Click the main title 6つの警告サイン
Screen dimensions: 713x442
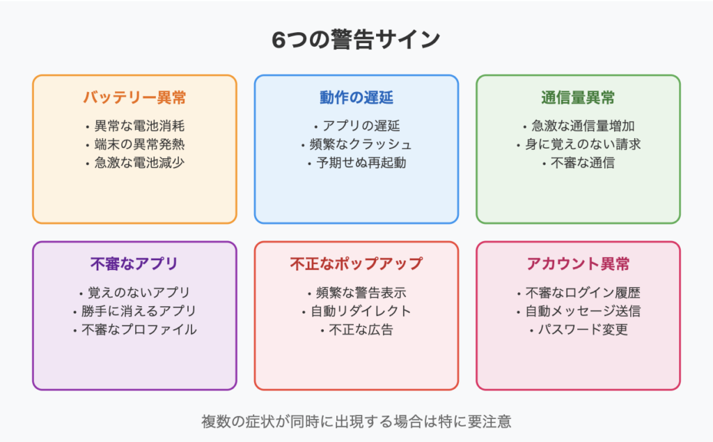(x=356, y=40)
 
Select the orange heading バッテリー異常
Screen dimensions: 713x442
(x=134, y=98)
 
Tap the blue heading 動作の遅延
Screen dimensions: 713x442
(x=356, y=98)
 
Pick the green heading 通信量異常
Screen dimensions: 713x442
(x=578, y=98)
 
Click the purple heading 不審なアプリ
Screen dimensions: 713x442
(x=134, y=264)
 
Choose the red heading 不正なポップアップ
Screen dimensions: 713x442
(x=356, y=264)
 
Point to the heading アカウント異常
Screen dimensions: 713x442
(x=578, y=264)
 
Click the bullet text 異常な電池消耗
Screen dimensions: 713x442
(x=139, y=125)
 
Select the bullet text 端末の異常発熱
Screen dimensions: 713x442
(x=139, y=144)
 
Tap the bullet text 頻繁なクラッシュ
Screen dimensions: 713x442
(x=361, y=144)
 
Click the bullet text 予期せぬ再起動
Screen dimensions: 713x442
(x=361, y=162)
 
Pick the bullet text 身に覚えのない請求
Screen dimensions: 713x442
(x=583, y=144)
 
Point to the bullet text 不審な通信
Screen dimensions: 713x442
(x=583, y=162)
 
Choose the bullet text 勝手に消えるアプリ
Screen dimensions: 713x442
(x=139, y=311)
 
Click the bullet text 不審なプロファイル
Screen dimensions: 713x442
(x=139, y=330)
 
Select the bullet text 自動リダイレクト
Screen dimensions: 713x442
(x=361, y=311)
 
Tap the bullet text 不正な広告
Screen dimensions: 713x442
(x=361, y=330)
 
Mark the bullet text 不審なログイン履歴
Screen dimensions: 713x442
(x=583, y=292)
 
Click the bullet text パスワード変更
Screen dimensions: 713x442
(x=583, y=330)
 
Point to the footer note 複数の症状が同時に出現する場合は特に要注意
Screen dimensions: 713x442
(x=356, y=422)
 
